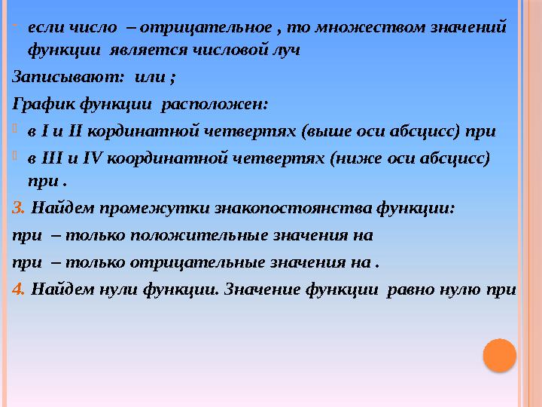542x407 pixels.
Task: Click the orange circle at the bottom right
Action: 498,355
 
